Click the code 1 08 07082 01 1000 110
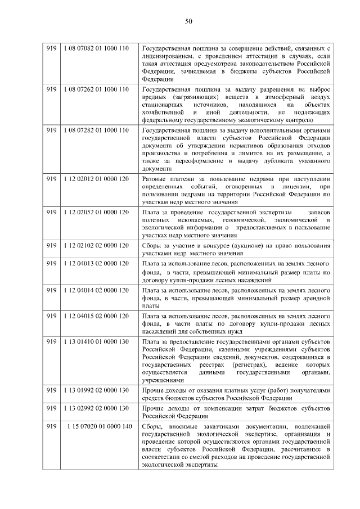click(97, 48)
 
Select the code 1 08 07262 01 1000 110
click(97, 89)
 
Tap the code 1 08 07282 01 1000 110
click(97, 130)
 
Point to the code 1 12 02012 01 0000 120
click(97, 179)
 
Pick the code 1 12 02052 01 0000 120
click(97, 211)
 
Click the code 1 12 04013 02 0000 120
click(97, 263)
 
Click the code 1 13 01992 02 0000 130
click(97, 390)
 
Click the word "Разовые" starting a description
click(154, 179)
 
